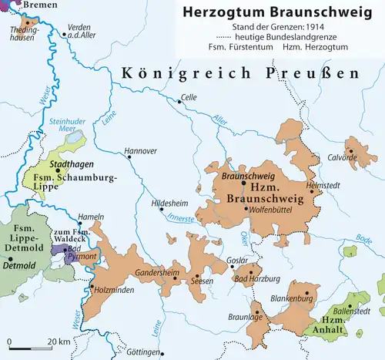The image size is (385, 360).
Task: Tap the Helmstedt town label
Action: pos(323,186)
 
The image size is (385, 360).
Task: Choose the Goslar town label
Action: pos(239,259)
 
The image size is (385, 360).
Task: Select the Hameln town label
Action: pos(90,218)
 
